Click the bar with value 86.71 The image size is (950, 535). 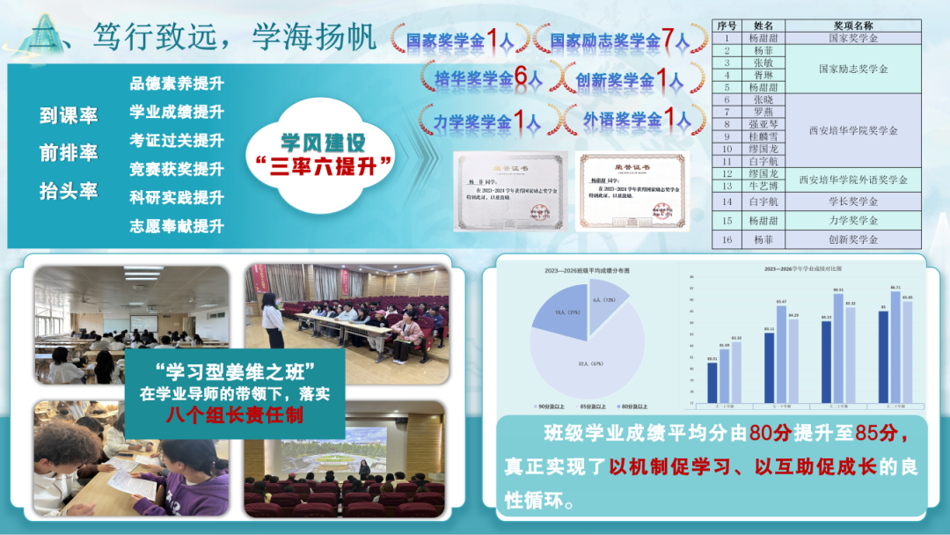click(895, 347)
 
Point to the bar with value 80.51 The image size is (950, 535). click(712, 382)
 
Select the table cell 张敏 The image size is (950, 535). click(756, 62)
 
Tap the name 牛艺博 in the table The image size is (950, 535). click(756, 186)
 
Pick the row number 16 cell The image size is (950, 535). click(727, 239)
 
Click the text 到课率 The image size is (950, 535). click(69, 115)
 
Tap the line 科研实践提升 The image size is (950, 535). click(177, 197)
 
